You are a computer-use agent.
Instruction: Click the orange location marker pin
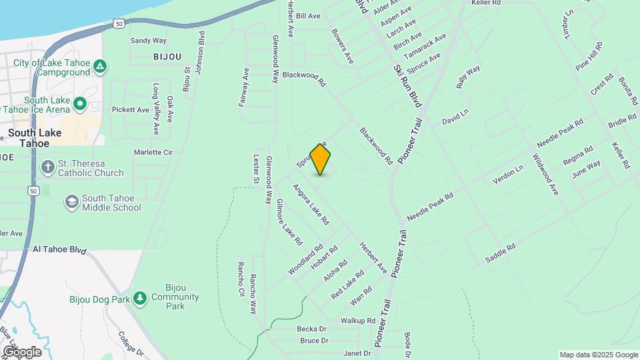pyautogui.click(x=321, y=159)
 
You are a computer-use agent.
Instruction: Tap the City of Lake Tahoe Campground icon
pyautogui.click(x=99, y=67)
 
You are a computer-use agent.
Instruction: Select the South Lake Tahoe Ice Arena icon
pyautogui.click(x=80, y=103)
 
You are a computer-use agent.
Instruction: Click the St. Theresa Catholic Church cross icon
pyautogui.click(x=48, y=167)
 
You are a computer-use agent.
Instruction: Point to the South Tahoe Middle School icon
pyautogui.click(x=71, y=201)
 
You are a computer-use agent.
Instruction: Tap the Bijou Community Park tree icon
pyautogui.click(x=140, y=297)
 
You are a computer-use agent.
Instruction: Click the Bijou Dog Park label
pyautogui.click(x=99, y=299)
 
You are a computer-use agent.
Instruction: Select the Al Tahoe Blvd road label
pyautogui.click(x=60, y=250)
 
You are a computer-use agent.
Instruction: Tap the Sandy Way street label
pyautogui.click(x=148, y=41)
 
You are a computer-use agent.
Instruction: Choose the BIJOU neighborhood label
pyautogui.click(x=167, y=57)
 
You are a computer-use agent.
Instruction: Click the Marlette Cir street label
pyautogui.click(x=153, y=152)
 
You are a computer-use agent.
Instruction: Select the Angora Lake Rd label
pyautogui.click(x=311, y=203)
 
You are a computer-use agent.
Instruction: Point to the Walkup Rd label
pyautogui.click(x=357, y=321)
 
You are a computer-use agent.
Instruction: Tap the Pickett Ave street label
pyautogui.click(x=131, y=109)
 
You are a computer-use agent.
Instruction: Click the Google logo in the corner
pyautogui.click(x=22, y=351)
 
